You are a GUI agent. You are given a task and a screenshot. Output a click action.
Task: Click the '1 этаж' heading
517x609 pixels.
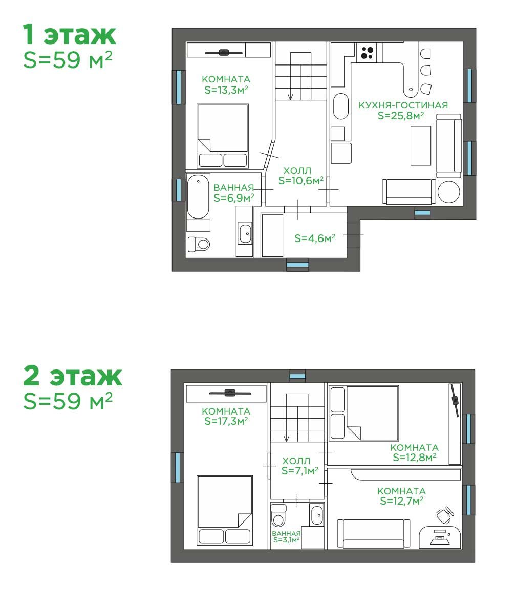coord(69,34)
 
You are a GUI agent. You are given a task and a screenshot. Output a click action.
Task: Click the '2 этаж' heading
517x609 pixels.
coord(73,376)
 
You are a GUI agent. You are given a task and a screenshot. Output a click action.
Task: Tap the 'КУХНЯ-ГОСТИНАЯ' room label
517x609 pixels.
coord(403,105)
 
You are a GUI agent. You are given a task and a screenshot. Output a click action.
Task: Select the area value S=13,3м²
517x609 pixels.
coord(226,90)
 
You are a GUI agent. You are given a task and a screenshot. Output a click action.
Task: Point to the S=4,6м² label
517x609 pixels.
coord(315,238)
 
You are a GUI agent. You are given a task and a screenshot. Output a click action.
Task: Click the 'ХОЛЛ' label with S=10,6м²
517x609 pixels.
coord(297,171)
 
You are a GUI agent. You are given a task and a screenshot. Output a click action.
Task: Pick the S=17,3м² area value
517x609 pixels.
coord(226,421)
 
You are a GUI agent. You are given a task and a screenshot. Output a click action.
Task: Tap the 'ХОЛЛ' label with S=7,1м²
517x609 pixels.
coord(296,461)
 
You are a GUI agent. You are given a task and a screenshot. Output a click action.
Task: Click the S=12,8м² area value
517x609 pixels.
coord(414,458)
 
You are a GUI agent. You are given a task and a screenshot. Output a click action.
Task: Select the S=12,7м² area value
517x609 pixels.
coord(401,501)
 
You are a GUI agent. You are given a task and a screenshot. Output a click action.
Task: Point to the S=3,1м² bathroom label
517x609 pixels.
coord(286,540)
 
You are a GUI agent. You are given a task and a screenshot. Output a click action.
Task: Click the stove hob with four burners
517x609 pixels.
coord(367,53)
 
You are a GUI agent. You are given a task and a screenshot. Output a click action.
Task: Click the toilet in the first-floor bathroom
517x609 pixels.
coord(199,244)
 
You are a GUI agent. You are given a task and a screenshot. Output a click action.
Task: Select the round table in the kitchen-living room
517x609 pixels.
coord(448,191)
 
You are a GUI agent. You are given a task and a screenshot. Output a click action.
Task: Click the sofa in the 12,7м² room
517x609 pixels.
coord(373,534)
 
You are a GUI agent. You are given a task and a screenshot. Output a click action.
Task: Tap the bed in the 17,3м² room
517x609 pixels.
coord(225,510)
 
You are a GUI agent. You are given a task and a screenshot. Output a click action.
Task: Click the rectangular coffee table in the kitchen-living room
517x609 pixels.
coord(421,146)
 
